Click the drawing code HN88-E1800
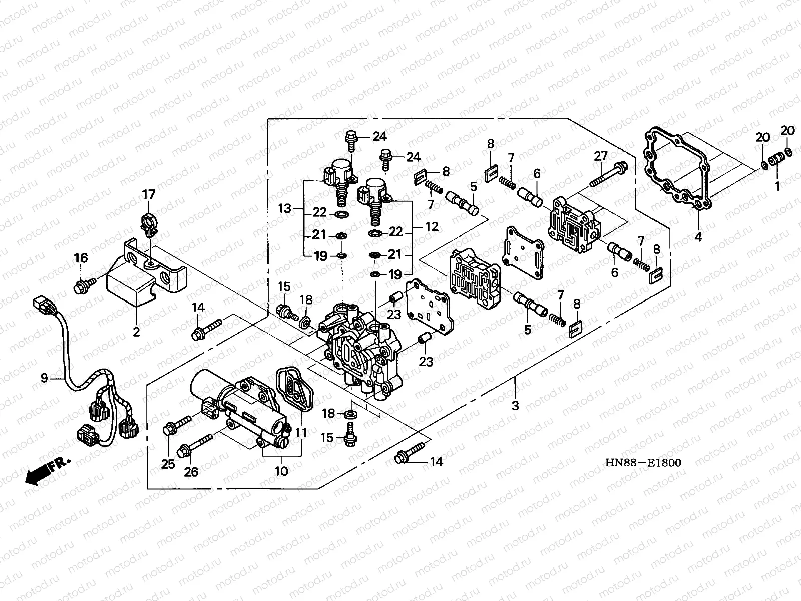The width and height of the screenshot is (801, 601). click(x=642, y=463)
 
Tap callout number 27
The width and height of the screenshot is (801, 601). click(x=601, y=156)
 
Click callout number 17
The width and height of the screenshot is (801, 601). click(x=150, y=194)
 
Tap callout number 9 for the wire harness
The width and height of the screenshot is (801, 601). click(x=44, y=378)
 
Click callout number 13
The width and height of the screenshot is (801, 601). click(x=285, y=208)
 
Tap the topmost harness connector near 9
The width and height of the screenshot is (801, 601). click(x=39, y=304)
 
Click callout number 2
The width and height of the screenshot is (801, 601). click(x=136, y=331)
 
